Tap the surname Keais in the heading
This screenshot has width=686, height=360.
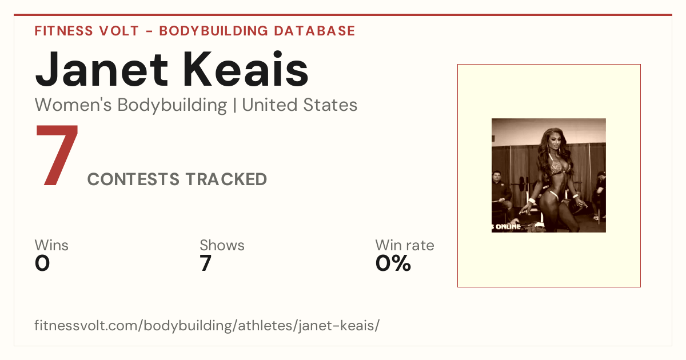pyautogui.click(x=246, y=70)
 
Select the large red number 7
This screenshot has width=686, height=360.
pyautogui.click(x=57, y=155)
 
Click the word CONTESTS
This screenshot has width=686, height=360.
pyautogui.click(x=133, y=179)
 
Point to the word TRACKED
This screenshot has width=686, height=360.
pyautogui.click(x=226, y=179)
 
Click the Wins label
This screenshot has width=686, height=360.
pyautogui.click(x=51, y=245)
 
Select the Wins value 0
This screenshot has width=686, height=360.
pyautogui.click(x=42, y=263)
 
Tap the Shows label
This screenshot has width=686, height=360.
pyautogui.click(x=222, y=245)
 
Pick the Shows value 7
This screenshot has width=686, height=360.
pyautogui.click(x=205, y=263)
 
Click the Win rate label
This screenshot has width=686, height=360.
pyautogui.click(x=405, y=245)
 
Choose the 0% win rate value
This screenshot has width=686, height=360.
pyautogui.click(x=393, y=263)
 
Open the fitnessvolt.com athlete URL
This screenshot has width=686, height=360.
pyautogui.click(x=207, y=325)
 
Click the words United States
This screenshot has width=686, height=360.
pyautogui.click(x=300, y=105)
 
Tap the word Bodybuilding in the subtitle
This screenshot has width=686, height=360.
pyautogui.click(x=172, y=106)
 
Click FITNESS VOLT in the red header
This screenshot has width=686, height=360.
pyautogui.click(x=87, y=31)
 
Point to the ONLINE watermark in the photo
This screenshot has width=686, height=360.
pyautogui.click(x=508, y=227)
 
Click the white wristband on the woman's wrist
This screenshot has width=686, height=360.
pyautogui.click(x=532, y=201)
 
